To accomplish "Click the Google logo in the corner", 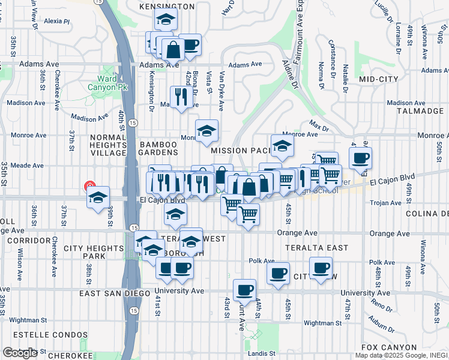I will [19, 353].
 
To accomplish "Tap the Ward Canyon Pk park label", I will [107, 83].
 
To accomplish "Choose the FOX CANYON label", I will [389, 347].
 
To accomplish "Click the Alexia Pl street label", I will [57, 21].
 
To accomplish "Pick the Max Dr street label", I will [319, 127].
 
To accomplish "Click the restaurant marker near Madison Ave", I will [181, 96].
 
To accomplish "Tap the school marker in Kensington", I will [165, 19].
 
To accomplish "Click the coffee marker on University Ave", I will [244, 290].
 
